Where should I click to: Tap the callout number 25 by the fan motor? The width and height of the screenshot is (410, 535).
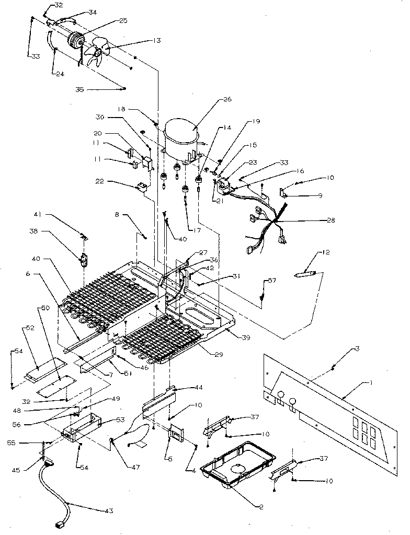coord(123,20)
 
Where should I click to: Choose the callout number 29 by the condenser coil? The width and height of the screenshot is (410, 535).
coord(219,355)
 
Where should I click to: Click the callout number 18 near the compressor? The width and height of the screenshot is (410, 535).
coord(121,110)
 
